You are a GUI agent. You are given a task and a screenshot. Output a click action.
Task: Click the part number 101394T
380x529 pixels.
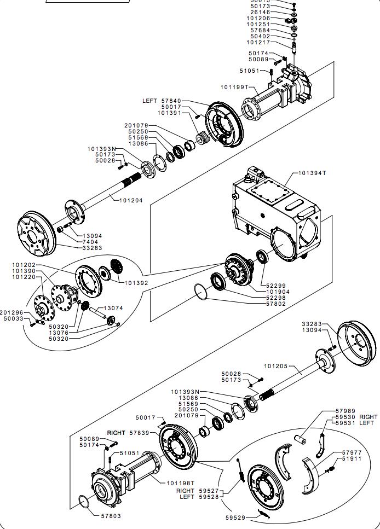pyautogui.click(x=312, y=173)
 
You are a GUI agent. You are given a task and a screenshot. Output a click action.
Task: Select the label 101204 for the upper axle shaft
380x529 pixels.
pyautogui.click(x=131, y=201)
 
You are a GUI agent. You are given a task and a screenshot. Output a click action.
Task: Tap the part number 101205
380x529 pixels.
pyautogui.click(x=275, y=366)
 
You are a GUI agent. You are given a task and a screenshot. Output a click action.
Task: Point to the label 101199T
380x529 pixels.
pyautogui.click(x=234, y=87)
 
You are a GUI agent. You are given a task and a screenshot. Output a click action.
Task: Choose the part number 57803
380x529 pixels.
pyautogui.click(x=111, y=515)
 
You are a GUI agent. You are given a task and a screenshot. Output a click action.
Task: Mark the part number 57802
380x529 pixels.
pyautogui.click(x=276, y=304)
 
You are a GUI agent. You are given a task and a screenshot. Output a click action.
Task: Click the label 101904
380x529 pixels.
pyautogui.click(x=278, y=292)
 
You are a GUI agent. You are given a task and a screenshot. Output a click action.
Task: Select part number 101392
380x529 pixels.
pyautogui.click(x=137, y=283)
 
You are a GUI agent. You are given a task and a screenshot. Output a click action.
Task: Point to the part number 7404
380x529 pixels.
pyautogui.click(x=91, y=242)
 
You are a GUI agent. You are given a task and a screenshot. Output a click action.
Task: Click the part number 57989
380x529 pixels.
pyautogui.click(x=346, y=411)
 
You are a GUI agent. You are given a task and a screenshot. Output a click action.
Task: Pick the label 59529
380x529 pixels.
pyautogui.click(x=236, y=517)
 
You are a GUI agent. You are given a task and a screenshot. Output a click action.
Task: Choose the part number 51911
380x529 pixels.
pyautogui.click(x=352, y=458)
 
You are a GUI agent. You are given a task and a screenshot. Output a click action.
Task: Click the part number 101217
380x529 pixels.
pyautogui.click(x=258, y=43)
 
